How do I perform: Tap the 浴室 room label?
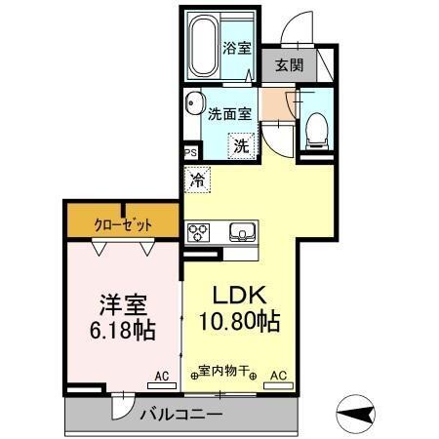(x=236, y=48)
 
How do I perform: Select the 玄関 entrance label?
(x=288, y=66)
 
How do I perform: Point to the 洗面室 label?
(x=229, y=112)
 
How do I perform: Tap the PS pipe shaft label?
(x=190, y=153)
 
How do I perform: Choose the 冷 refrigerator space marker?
(x=197, y=180)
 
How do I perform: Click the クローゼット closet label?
(x=124, y=223)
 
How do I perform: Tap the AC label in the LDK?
(x=278, y=375)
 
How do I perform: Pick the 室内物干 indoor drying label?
(x=224, y=372)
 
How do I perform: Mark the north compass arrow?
(x=359, y=413)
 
